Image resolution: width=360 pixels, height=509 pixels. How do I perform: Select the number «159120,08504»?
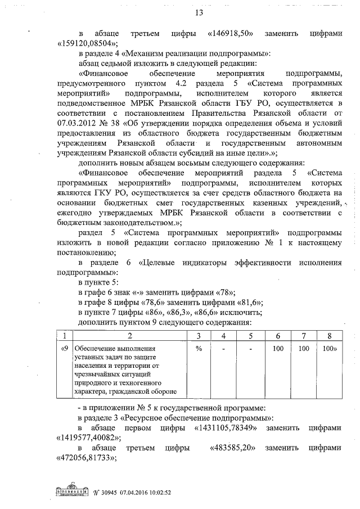87,44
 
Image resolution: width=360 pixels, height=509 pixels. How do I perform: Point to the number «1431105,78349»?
220,427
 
